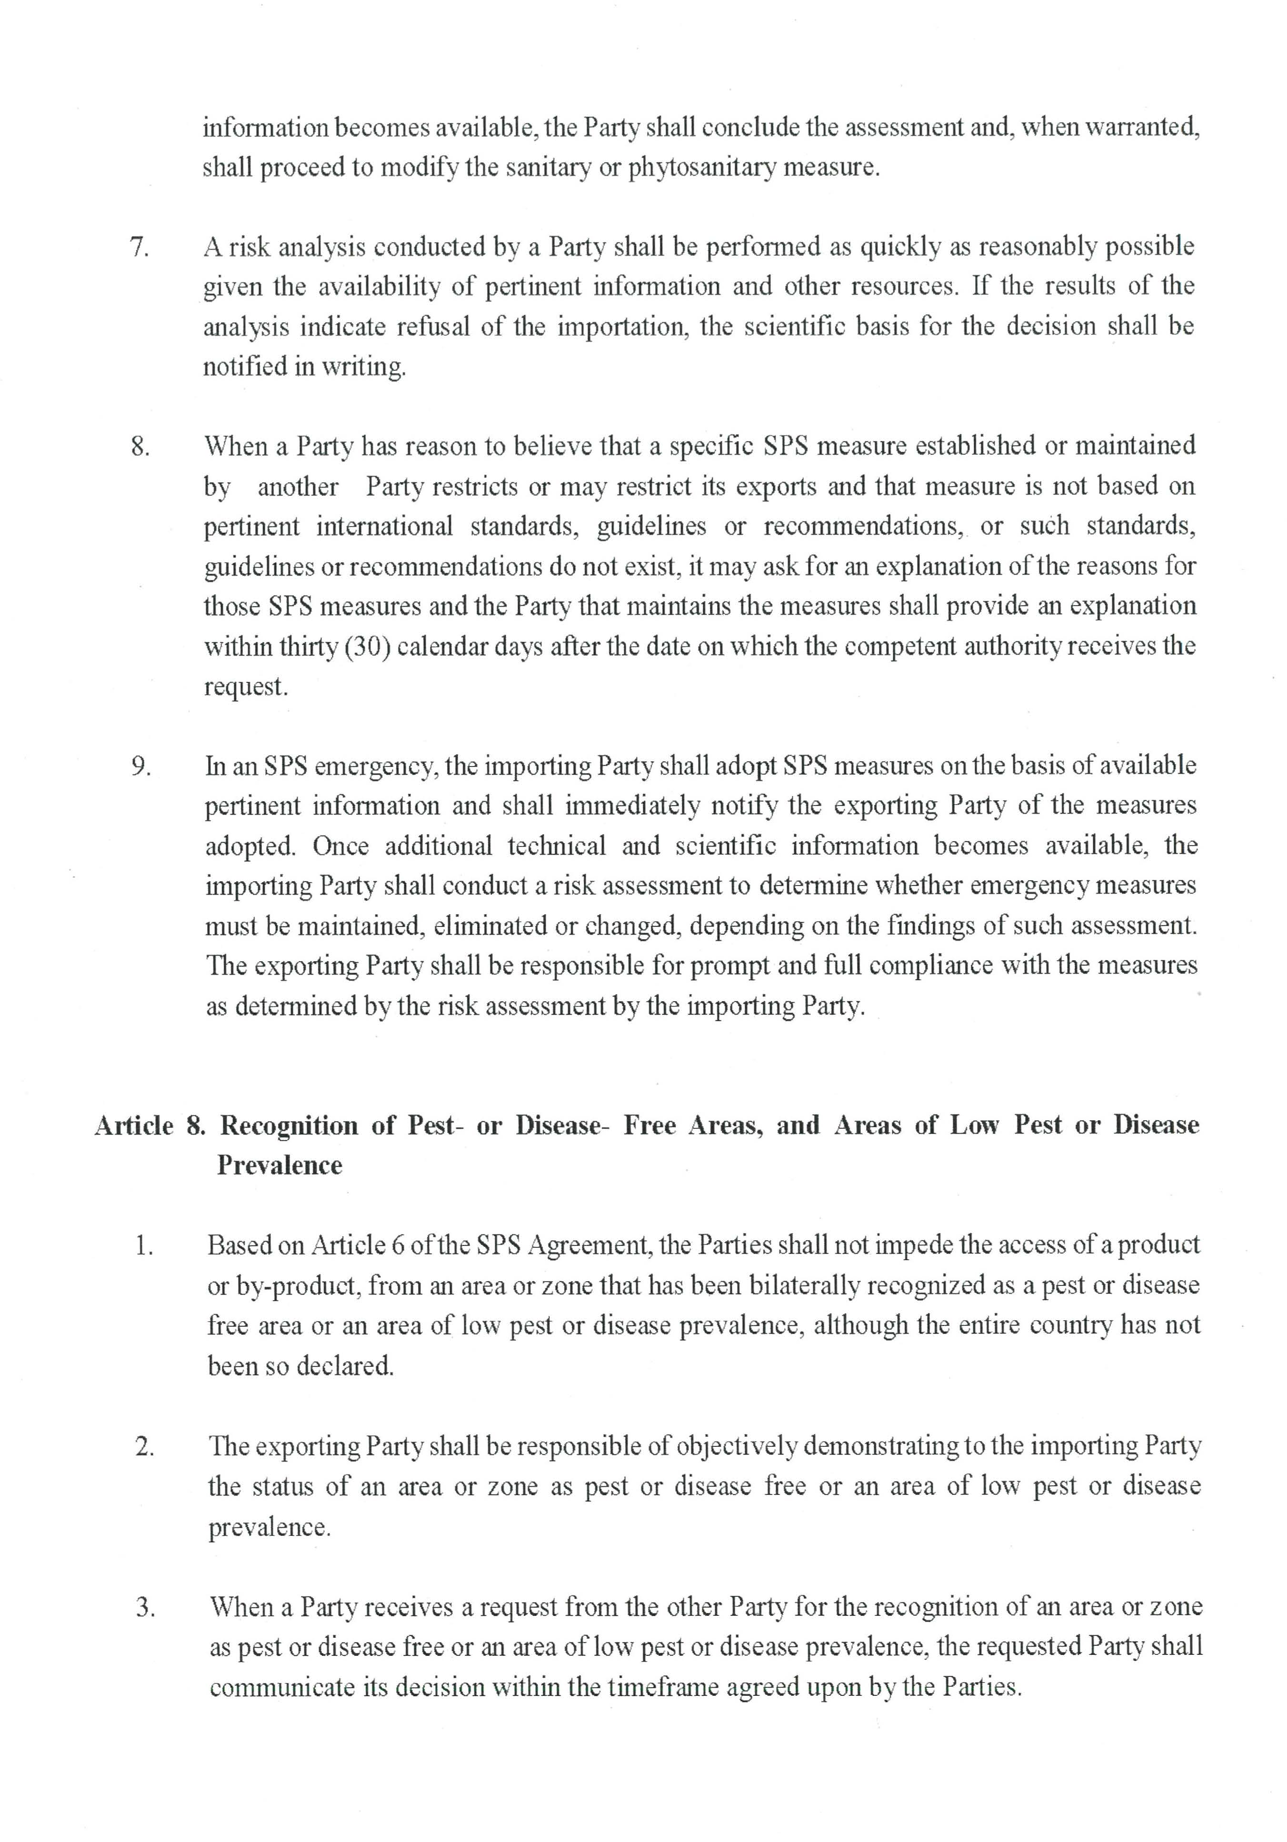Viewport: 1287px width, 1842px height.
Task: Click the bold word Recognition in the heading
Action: coord(289,1125)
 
